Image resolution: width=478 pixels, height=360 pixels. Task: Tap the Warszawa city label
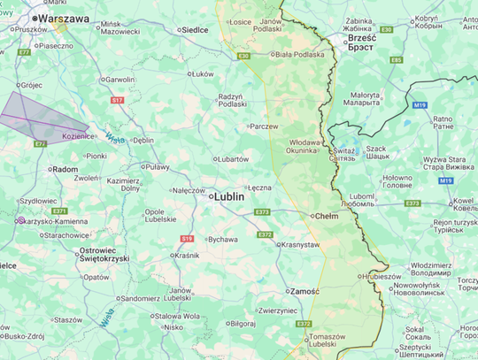point(61,18)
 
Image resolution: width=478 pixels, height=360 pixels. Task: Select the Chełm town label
point(327,216)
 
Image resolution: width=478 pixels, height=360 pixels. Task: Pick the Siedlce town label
point(193,29)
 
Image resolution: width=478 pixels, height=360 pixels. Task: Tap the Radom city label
point(66,169)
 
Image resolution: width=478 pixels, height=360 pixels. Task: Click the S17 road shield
point(117,100)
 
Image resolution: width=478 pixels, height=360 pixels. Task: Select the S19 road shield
point(187,238)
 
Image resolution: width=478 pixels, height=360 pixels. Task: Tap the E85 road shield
point(396,60)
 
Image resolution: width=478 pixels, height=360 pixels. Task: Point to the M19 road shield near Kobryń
point(420,105)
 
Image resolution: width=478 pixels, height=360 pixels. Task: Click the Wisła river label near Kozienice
point(112,137)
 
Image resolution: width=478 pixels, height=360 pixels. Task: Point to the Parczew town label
point(265,126)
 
